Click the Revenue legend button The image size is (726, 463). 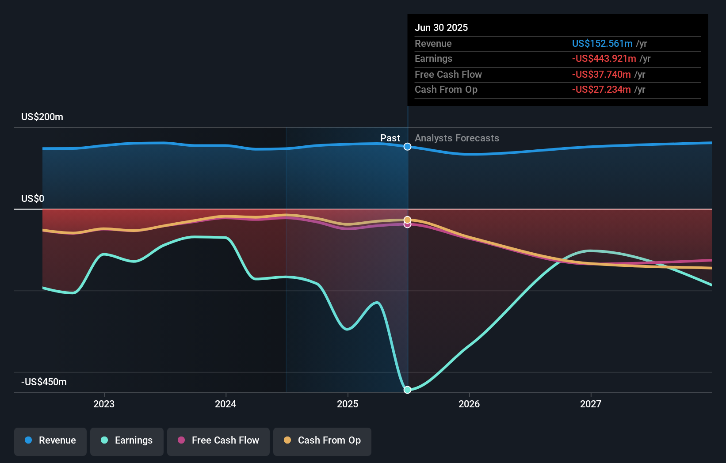tap(50, 440)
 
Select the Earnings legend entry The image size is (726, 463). tap(127, 440)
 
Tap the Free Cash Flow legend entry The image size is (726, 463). tap(218, 440)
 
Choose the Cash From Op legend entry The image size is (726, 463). tap(322, 440)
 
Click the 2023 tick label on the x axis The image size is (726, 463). tap(104, 404)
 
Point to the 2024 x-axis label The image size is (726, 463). tap(225, 404)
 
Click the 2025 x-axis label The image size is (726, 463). tap(348, 404)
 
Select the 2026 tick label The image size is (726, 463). tap(469, 404)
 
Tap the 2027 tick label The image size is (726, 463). tap(591, 404)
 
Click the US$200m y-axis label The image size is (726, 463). tap(42, 117)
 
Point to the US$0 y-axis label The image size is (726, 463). tap(33, 199)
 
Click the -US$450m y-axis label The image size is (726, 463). tap(44, 382)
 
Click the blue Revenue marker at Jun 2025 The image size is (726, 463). tap(407, 147)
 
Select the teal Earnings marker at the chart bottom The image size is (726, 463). tap(407, 390)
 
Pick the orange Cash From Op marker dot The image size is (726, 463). tap(407, 220)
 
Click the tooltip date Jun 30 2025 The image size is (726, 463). tap(441, 27)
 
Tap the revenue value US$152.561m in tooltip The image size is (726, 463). tap(602, 43)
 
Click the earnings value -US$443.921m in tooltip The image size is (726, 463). tap(604, 59)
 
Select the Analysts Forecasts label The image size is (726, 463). tap(457, 138)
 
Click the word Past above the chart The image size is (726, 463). tap(390, 138)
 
